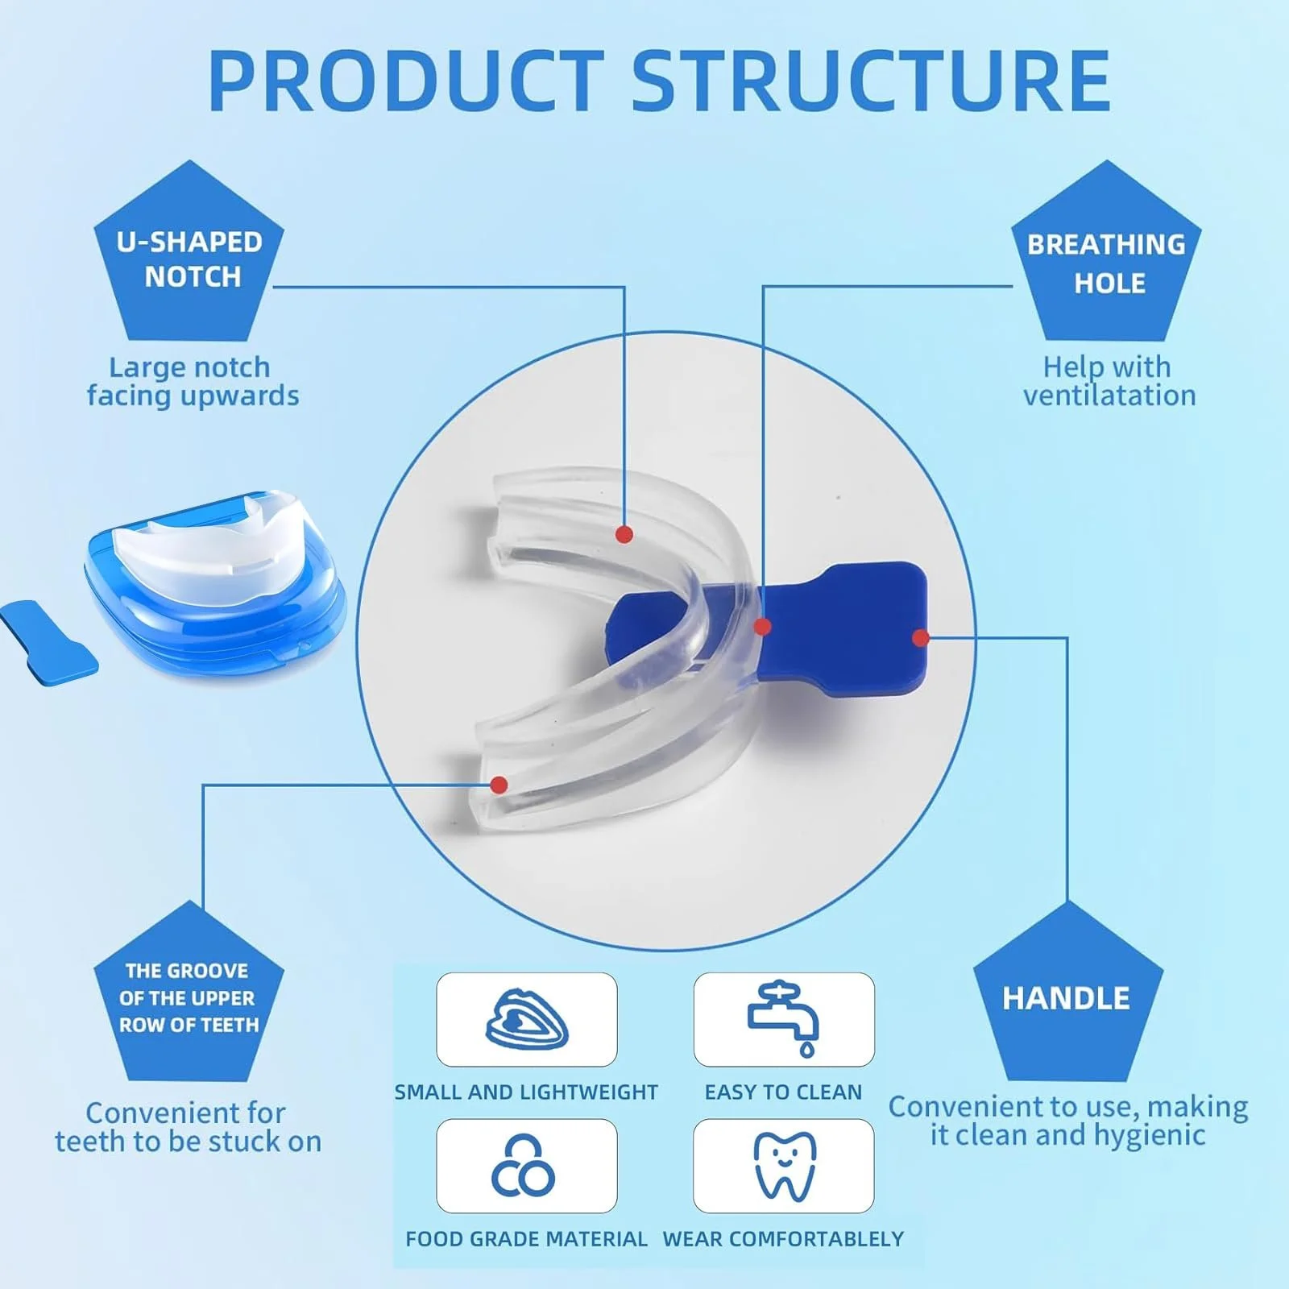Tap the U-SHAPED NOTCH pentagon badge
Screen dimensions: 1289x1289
[x=189, y=254]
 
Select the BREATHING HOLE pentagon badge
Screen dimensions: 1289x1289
[x=1107, y=254]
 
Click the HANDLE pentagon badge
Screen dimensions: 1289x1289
[x=1068, y=995]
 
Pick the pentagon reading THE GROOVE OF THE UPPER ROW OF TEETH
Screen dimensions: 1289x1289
[x=189, y=995]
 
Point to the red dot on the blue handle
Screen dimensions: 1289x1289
[x=921, y=638]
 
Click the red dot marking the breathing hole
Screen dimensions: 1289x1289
[x=763, y=626]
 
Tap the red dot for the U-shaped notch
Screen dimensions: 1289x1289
[x=624, y=534]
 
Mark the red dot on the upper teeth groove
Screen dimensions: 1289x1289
[x=499, y=785]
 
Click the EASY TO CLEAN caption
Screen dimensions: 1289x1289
[x=783, y=1092]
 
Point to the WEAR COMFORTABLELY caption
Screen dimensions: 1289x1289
[x=783, y=1239]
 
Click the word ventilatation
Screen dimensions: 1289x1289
[x=1109, y=396]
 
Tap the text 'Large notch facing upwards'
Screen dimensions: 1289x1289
[x=193, y=381]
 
